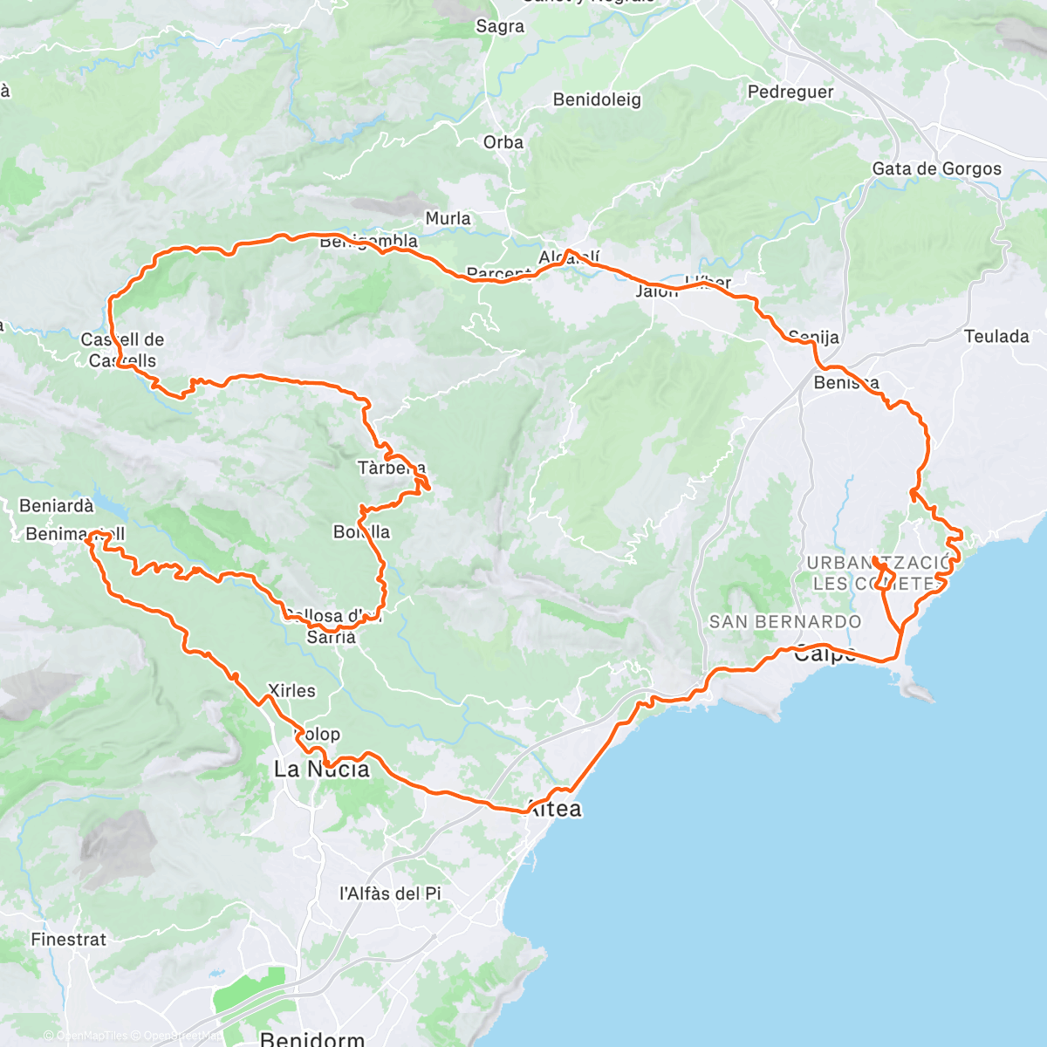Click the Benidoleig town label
[x=597, y=99]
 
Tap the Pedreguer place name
[x=790, y=92]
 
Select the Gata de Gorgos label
[x=937, y=168]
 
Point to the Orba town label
[x=503, y=142]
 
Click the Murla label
[x=448, y=218]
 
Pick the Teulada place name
[x=996, y=336]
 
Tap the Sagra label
[x=500, y=26]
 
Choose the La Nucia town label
[x=322, y=769]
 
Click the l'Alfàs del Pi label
[x=390, y=893]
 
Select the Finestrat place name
[x=68, y=940]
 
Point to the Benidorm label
[x=312, y=1038]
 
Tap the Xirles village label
[x=291, y=690]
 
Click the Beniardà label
[x=56, y=506]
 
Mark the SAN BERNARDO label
[x=785, y=622]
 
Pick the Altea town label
[x=555, y=809]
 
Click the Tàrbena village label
[x=392, y=468]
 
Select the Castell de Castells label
[x=122, y=350]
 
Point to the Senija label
[x=813, y=337]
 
